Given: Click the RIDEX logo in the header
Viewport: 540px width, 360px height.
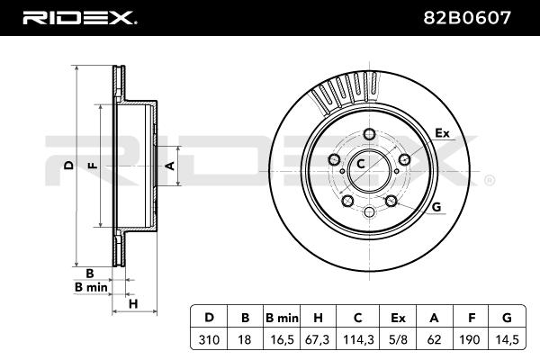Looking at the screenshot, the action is click(x=79, y=18).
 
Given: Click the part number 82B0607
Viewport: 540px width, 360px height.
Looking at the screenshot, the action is click(x=467, y=18).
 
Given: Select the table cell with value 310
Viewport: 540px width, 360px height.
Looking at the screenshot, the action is click(x=209, y=339).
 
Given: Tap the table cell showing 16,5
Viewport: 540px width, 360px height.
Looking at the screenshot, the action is click(x=282, y=339).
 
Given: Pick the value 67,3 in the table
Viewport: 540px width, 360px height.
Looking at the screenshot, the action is click(x=318, y=339).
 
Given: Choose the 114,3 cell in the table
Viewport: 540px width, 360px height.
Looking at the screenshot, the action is click(x=358, y=339).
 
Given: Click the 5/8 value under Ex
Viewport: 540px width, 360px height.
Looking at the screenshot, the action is click(x=398, y=339).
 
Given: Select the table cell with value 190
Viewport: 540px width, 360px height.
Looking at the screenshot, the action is click(x=470, y=339).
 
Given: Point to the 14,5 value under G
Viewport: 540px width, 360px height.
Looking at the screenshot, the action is click(x=506, y=339).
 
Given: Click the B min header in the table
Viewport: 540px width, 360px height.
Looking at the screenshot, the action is click(x=282, y=318).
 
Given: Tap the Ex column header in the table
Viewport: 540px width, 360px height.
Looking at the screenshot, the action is click(x=398, y=318).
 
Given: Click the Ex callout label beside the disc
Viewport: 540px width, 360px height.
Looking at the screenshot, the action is click(x=443, y=133).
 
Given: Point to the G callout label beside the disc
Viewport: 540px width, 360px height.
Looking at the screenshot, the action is click(x=436, y=207).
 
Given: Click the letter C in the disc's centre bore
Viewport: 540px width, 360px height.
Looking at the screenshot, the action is click(x=361, y=164).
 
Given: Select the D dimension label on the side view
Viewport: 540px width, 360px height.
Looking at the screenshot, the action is click(x=69, y=166).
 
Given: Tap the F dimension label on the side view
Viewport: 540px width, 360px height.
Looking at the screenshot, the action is click(x=93, y=166).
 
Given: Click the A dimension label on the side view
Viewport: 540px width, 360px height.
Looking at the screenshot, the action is click(x=170, y=166).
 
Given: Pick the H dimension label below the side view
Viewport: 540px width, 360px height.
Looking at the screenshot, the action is click(x=133, y=304).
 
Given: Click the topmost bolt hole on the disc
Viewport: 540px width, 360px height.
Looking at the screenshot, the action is click(x=369, y=134).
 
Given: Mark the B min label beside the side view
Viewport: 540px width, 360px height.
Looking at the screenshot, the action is click(x=91, y=287).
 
